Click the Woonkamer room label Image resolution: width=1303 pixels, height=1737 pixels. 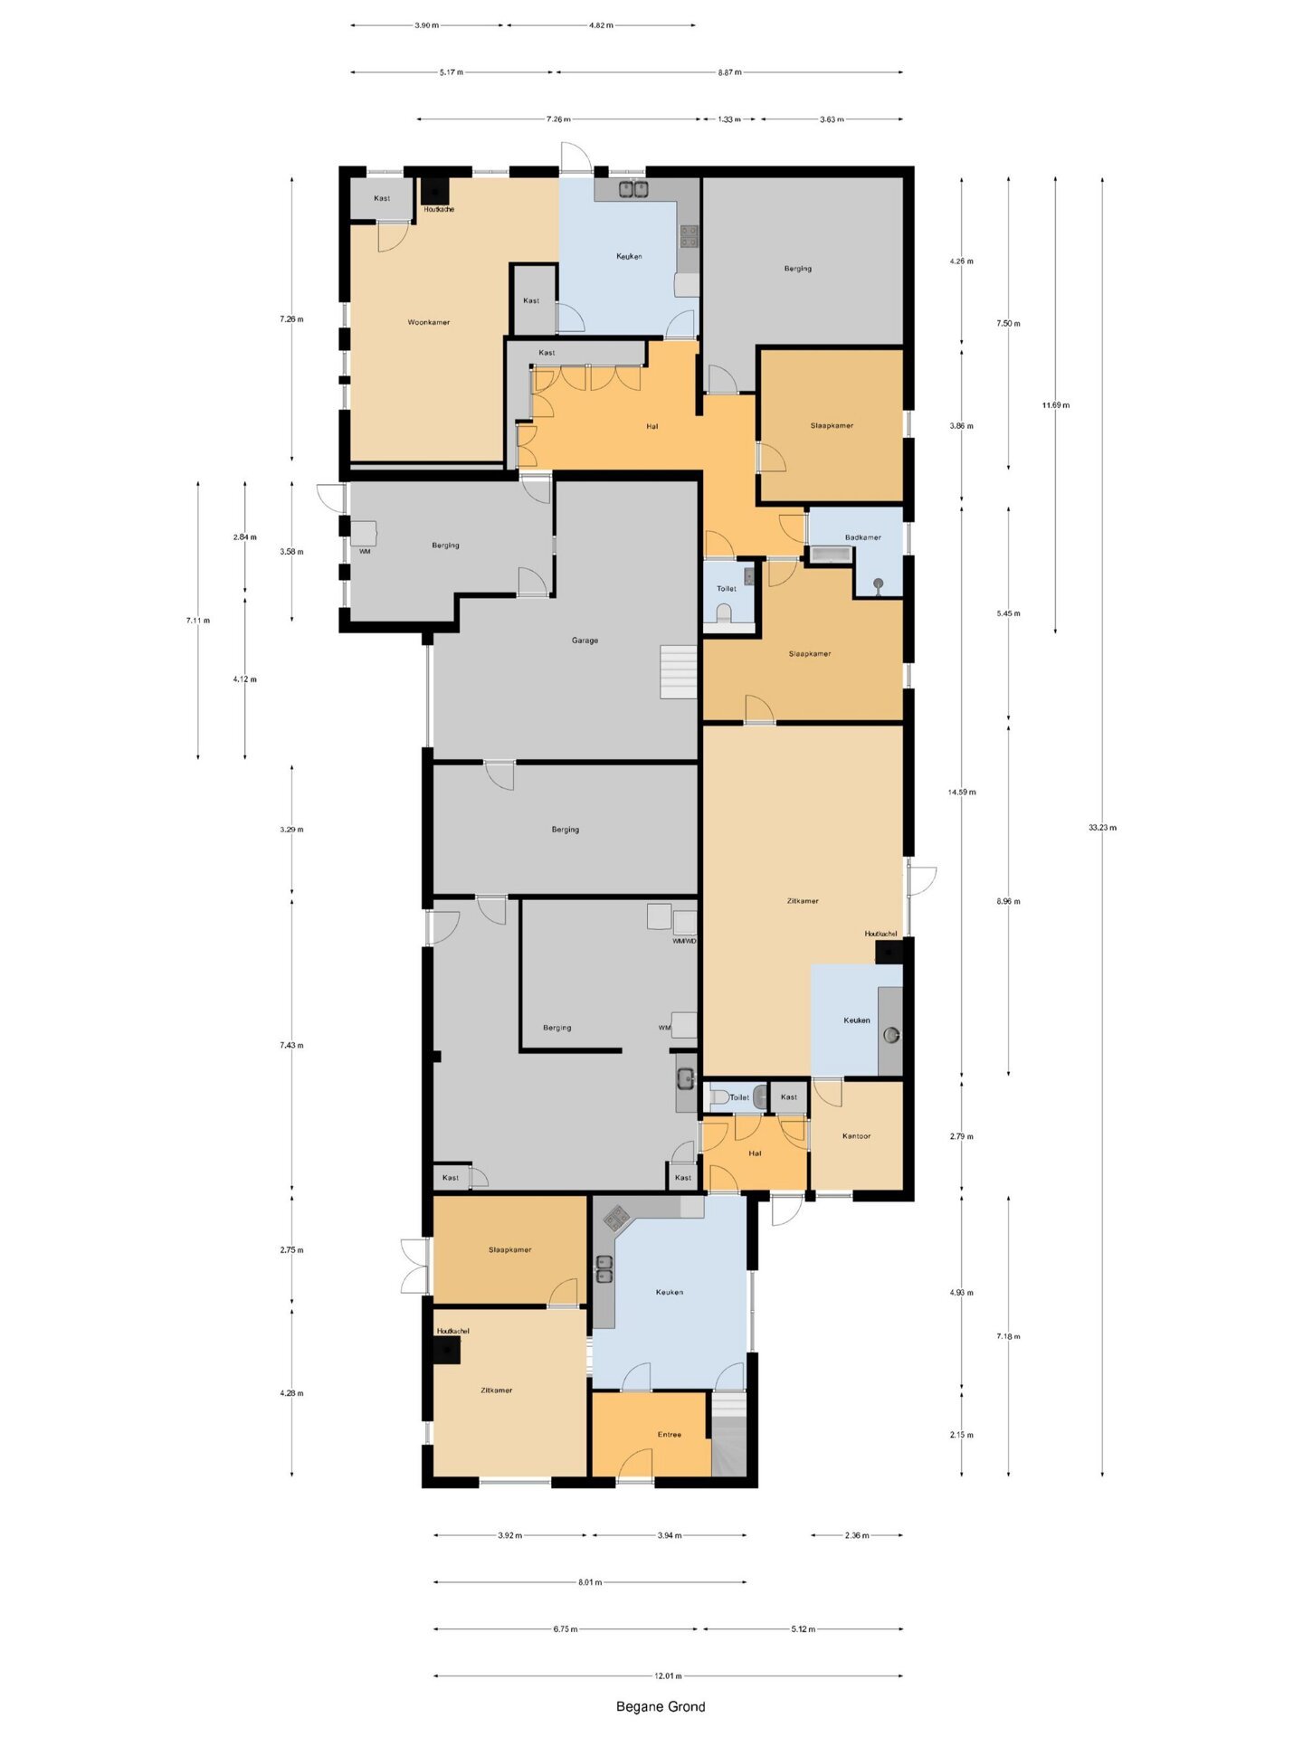click(428, 322)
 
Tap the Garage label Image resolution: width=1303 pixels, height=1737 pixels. click(585, 641)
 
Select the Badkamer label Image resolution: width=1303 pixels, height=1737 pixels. click(862, 537)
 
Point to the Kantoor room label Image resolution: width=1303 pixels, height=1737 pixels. click(856, 1136)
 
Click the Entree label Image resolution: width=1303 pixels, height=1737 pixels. click(670, 1435)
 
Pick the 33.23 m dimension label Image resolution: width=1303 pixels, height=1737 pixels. click(1102, 828)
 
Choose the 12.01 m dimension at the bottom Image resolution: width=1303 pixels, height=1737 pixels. click(668, 1676)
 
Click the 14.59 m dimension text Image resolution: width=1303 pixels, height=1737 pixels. click(962, 793)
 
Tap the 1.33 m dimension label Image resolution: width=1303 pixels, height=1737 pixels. click(728, 119)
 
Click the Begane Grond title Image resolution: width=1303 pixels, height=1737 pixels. click(661, 1707)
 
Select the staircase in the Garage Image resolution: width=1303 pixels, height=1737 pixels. click(679, 672)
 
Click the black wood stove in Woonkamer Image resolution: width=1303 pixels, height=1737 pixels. click(435, 192)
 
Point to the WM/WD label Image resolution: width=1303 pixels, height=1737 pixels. click(684, 941)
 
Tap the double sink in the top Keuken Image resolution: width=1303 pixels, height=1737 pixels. click(632, 189)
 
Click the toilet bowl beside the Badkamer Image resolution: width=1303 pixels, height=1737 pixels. click(723, 614)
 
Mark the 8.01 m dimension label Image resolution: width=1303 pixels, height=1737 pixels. click(590, 1582)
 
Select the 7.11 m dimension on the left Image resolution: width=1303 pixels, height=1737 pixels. click(198, 621)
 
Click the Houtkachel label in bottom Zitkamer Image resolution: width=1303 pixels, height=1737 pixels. click(452, 1332)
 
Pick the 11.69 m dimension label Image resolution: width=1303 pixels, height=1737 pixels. click(1055, 405)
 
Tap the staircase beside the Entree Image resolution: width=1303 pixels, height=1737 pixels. click(728, 1434)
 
